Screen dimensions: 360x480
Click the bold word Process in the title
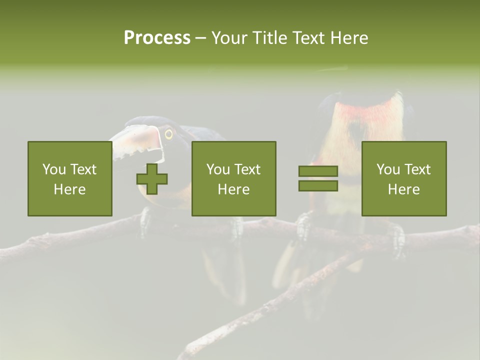[157, 38]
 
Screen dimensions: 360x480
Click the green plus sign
[152, 178]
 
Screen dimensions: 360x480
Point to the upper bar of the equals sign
[318, 171]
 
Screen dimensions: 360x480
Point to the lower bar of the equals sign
[318, 185]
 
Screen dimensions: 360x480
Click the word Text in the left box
[83, 169]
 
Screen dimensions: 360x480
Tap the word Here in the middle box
[234, 189]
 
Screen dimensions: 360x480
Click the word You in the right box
[388, 169]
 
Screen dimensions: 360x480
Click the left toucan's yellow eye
[169, 133]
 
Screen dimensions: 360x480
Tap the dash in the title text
[201, 38]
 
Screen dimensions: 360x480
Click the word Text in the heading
[308, 38]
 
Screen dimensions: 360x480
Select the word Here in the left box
[70, 189]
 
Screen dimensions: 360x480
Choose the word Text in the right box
[417, 169]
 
